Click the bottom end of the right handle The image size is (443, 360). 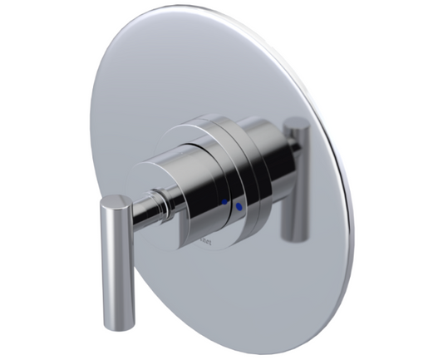[x=293, y=238]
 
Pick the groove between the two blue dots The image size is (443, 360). [x=231, y=203]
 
